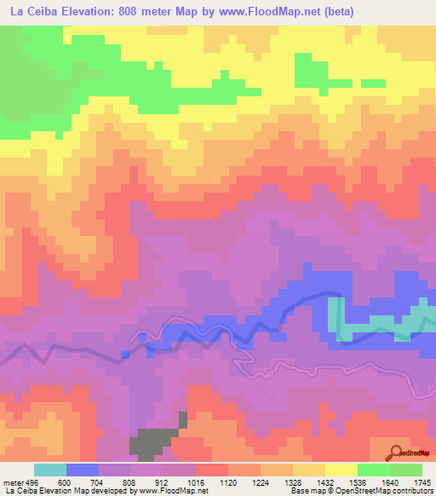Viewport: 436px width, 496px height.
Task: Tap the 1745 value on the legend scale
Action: (421, 482)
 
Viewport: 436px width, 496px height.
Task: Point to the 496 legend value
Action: (32, 482)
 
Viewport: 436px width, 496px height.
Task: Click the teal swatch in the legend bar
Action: (49, 470)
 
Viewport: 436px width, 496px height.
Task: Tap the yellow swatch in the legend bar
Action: (341, 470)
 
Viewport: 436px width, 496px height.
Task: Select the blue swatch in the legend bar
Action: (82, 470)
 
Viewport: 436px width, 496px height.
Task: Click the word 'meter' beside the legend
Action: (13, 482)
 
